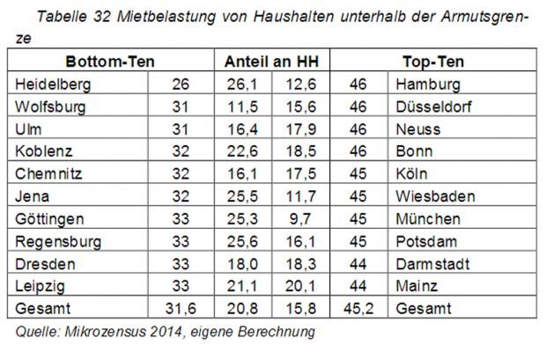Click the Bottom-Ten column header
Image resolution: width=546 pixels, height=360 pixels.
[x=110, y=62]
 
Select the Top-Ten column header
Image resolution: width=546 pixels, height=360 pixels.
[x=432, y=62]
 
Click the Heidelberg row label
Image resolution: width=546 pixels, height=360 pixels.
[x=54, y=85]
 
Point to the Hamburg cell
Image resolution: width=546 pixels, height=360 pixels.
[x=429, y=85]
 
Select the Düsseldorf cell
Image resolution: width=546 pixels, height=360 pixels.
[x=434, y=107]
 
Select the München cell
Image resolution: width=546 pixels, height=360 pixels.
[x=429, y=218]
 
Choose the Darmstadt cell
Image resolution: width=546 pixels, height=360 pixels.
[x=432, y=263]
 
